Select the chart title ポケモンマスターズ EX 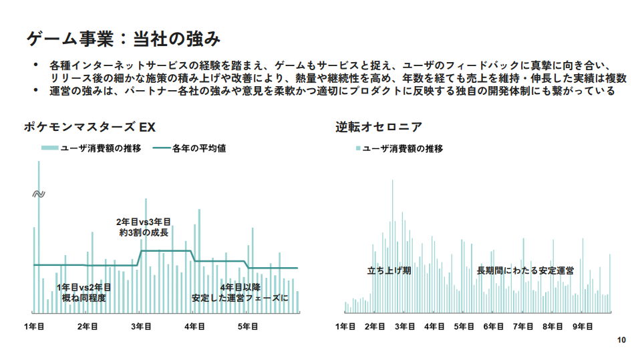(x=90, y=127)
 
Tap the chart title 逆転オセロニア (x=379, y=127)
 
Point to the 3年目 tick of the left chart (x=141, y=326)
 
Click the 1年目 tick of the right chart (x=345, y=326)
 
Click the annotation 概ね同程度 (x=84, y=298)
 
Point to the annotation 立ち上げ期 (x=389, y=271)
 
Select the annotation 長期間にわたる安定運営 (x=525, y=271)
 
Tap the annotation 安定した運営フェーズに (x=239, y=298)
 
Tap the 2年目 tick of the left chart (x=88, y=326)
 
